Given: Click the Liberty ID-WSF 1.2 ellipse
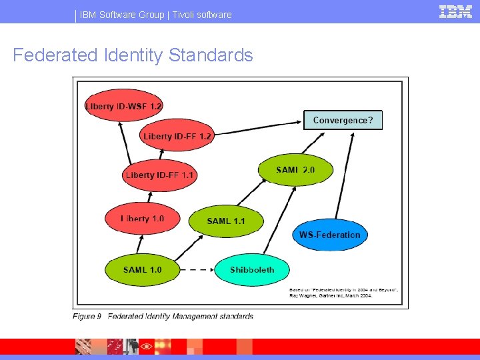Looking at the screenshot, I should pos(124,105).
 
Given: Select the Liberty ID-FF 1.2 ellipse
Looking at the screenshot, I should pos(177,136).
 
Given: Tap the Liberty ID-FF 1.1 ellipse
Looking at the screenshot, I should pos(160,175).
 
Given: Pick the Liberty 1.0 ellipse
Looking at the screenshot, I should pos(141,219).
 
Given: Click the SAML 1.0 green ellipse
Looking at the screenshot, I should pos(143,270).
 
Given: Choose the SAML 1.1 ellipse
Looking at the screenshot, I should pos(226,221).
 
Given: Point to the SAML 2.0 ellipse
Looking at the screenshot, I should pos(295,171).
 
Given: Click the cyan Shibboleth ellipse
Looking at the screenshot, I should pos(252,270).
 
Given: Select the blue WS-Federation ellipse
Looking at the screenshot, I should pos(329,235).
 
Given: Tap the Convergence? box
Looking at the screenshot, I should pos(343,120).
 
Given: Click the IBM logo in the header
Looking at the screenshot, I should pos(455,12).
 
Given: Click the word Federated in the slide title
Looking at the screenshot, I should pos(55,55).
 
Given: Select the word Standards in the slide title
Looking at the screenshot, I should pos(211,55).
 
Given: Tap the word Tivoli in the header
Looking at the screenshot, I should pos(186,15).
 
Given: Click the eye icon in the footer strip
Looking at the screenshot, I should pos(145,347).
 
